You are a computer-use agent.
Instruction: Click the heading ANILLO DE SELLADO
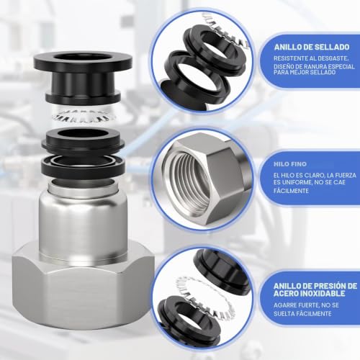(x=312, y=47)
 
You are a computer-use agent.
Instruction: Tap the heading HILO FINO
(x=290, y=164)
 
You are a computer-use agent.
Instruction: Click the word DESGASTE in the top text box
(x=333, y=58)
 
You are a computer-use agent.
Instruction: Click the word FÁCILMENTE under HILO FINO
(x=291, y=191)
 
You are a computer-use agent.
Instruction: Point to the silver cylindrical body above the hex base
(x=83, y=222)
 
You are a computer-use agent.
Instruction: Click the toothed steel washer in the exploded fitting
(x=84, y=115)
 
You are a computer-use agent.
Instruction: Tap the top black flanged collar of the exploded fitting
(x=83, y=78)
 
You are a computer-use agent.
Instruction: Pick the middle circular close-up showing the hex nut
(x=202, y=179)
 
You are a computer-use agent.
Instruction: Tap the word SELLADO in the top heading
(x=332, y=47)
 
